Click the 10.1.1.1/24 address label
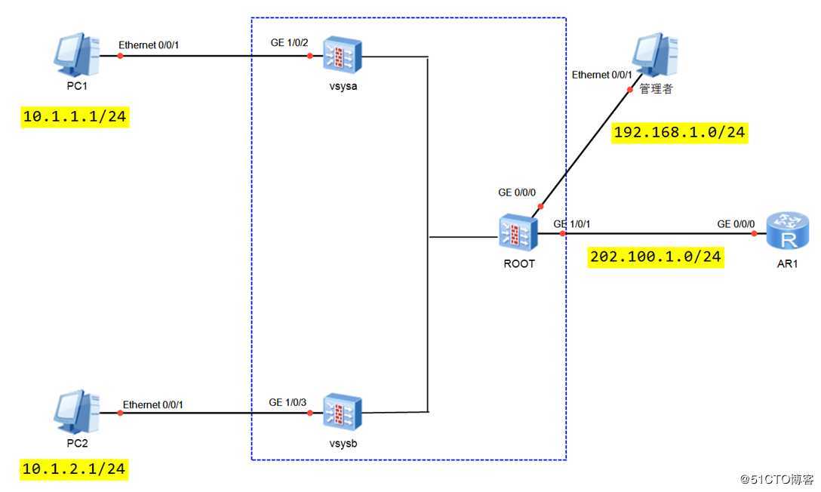click(74, 118)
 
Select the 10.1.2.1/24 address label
click(74, 469)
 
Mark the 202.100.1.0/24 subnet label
click(656, 257)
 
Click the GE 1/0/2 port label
click(289, 43)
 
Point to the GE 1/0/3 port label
click(288, 402)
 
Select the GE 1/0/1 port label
click(571, 224)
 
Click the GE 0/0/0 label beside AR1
click(735, 224)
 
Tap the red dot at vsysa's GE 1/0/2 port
click(309, 55)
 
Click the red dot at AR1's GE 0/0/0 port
click(753, 234)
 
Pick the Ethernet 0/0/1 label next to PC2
click(153, 405)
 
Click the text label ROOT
click(518, 264)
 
